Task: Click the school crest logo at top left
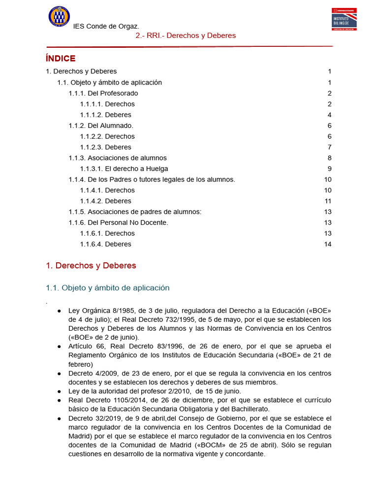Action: [59, 16]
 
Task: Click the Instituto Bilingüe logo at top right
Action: [344, 19]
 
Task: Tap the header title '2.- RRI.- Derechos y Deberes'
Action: [186, 35]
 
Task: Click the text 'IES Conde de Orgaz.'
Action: [106, 26]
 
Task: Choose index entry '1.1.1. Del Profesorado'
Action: [103, 93]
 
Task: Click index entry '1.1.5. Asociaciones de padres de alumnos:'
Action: [135, 212]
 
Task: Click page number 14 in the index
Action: [328, 244]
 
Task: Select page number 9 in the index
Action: [330, 169]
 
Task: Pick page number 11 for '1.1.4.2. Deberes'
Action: [328, 201]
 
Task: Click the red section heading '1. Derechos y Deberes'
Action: [91, 266]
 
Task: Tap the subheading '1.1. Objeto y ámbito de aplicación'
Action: [107, 288]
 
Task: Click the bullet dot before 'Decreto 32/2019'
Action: [59, 418]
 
